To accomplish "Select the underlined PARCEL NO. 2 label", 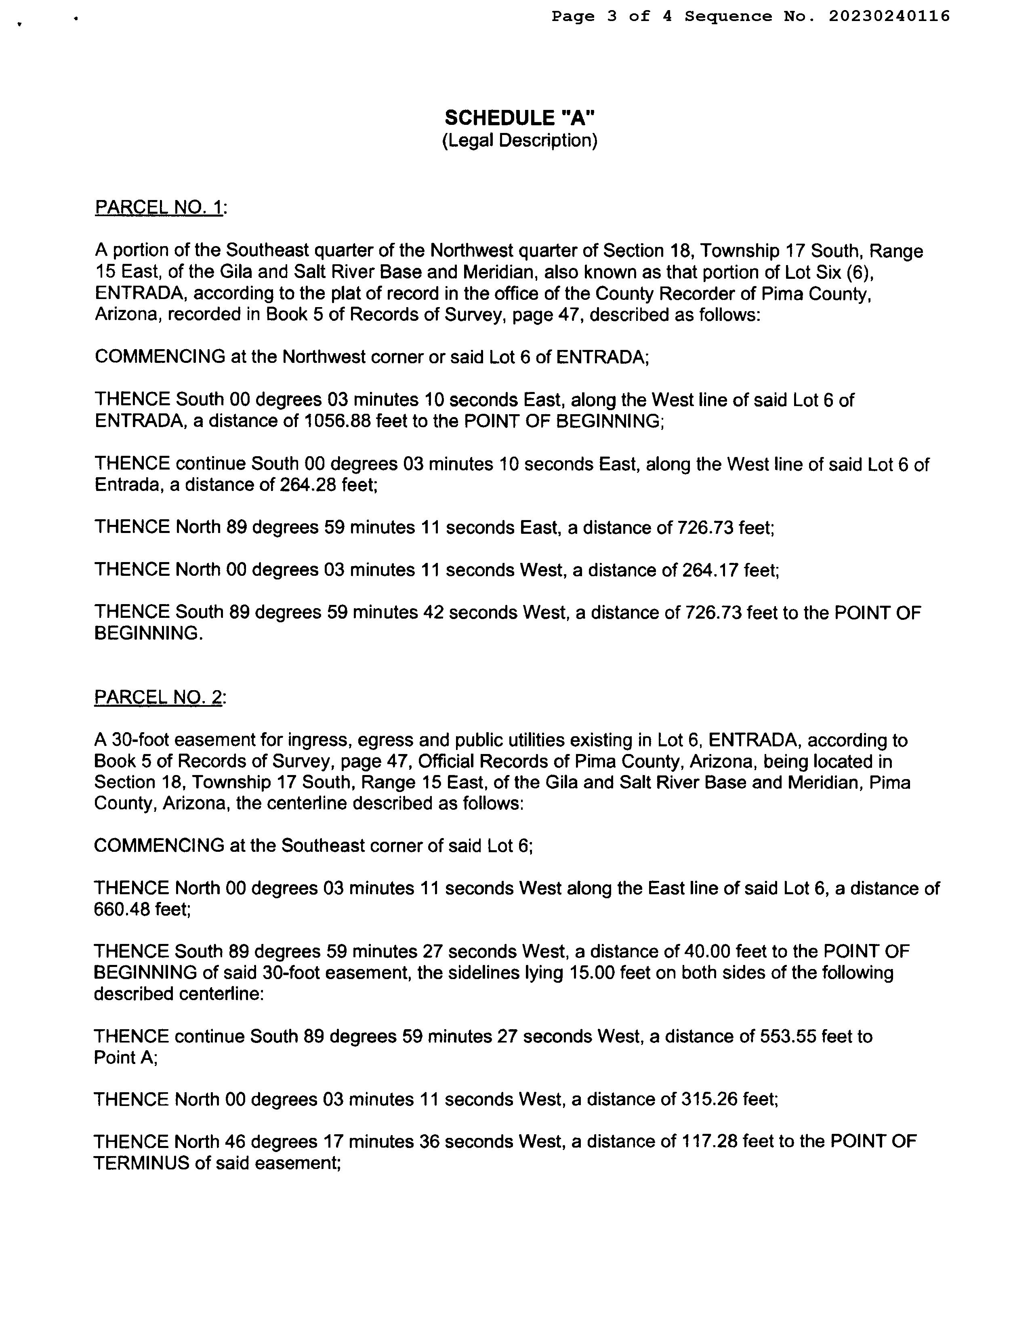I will pyautogui.click(x=158, y=697).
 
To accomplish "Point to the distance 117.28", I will pyautogui.click(x=708, y=1142).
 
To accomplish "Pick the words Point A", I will pyautogui.click(x=125, y=1057).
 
